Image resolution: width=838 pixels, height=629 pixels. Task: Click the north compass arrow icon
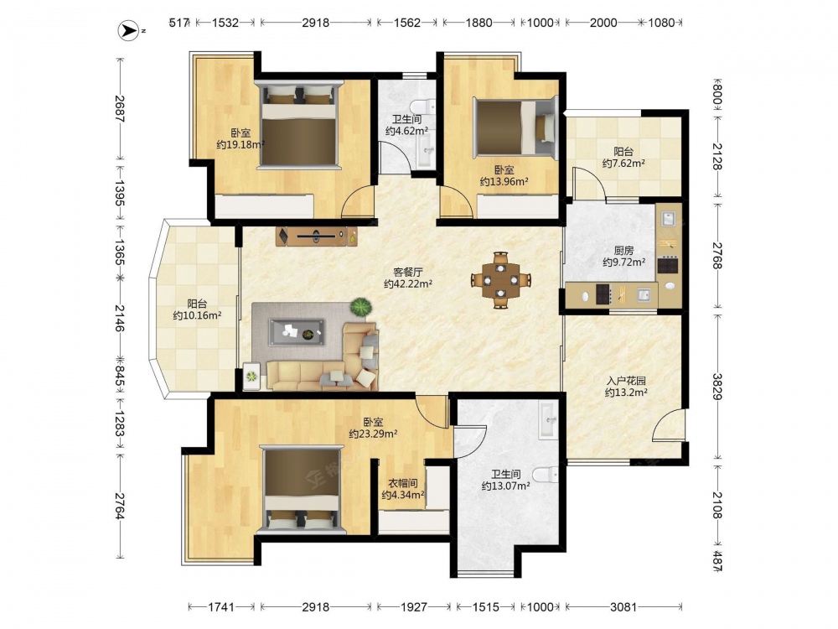point(127,31)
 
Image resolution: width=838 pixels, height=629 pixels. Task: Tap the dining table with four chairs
point(501,280)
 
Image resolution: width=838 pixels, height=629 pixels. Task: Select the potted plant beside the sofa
point(362,308)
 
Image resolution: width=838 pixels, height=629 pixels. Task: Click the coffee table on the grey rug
point(297,332)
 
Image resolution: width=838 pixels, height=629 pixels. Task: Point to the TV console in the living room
point(318,236)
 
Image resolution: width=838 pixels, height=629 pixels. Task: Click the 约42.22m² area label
point(408,284)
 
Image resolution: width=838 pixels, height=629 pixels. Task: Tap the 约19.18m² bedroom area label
point(241,144)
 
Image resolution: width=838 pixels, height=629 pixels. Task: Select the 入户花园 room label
point(626,381)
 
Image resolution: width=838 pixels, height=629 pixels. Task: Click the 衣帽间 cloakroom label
point(402,483)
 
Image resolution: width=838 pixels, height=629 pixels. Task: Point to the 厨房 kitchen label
point(623,250)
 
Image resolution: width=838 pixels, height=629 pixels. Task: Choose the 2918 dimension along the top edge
point(315,23)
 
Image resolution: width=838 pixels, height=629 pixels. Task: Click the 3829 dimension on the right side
point(717,386)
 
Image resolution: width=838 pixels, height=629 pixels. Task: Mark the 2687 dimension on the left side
point(120,108)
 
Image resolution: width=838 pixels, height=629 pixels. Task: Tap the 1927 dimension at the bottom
point(414,606)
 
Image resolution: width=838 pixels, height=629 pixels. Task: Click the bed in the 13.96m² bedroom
point(515,128)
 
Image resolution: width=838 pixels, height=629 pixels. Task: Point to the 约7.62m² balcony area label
point(623,164)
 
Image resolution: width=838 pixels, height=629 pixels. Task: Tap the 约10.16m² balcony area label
point(197,315)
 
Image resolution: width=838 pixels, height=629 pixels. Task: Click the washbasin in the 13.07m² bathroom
point(548,420)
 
